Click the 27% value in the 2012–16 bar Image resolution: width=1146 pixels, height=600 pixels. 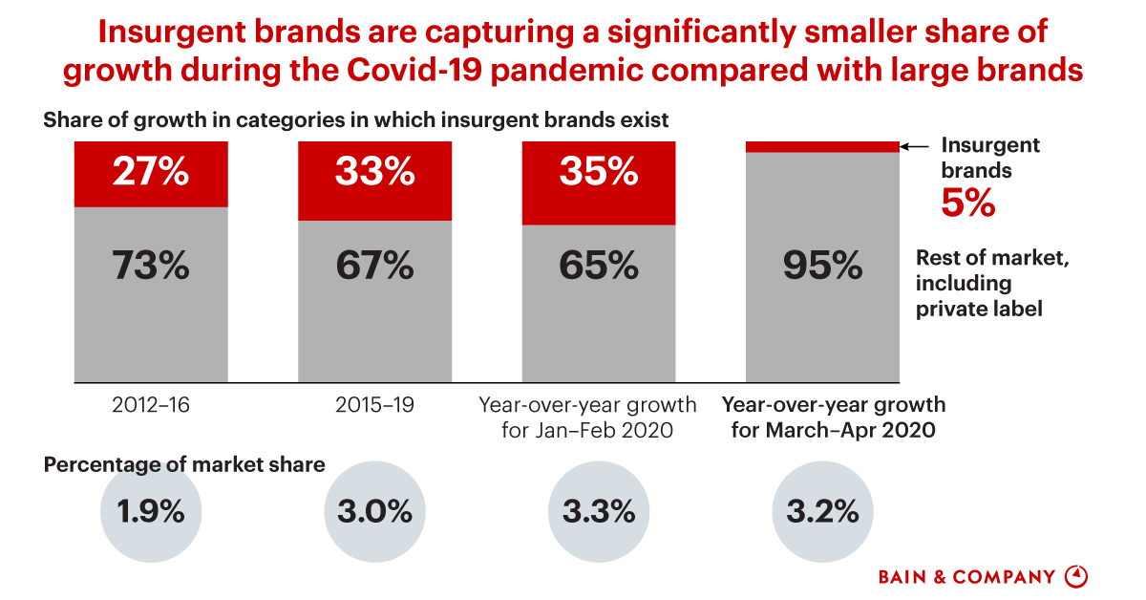click(x=151, y=173)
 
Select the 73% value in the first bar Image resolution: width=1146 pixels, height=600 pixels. click(x=151, y=267)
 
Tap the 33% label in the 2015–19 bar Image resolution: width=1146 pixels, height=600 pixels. click(x=375, y=173)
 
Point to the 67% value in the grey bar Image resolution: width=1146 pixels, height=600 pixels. click(x=375, y=267)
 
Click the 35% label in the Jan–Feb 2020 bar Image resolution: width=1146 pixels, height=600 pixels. click(x=599, y=173)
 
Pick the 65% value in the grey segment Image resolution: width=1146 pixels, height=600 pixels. click(x=599, y=267)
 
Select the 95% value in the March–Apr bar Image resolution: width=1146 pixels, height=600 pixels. click(x=822, y=267)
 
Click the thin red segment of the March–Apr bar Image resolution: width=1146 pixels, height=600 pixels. click(x=822, y=146)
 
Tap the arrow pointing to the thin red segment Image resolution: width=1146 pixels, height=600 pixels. click(x=915, y=146)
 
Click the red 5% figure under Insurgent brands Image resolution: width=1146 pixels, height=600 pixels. click(x=969, y=204)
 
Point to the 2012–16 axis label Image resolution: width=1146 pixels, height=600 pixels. click(x=151, y=404)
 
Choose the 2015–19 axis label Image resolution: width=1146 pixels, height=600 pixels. click(x=375, y=404)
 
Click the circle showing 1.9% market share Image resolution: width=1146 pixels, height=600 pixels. click(x=151, y=512)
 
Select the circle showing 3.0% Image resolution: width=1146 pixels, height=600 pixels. click(x=375, y=512)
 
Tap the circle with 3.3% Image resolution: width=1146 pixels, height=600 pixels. click(x=599, y=512)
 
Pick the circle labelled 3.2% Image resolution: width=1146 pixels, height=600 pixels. click(x=822, y=512)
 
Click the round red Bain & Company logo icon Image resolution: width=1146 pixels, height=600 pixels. click(x=1077, y=576)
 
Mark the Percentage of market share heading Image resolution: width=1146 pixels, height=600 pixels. click(x=184, y=464)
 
